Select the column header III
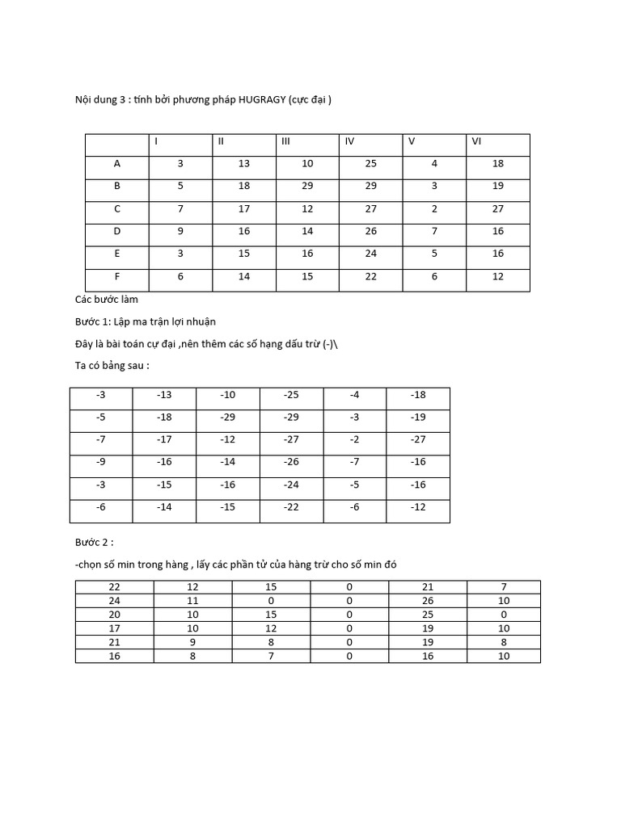pyautogui.click(x=285, y=141)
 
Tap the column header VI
pyautogui.click(x=476, y=141)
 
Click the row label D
pyautogui.click(x=117, y=231)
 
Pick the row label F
pyautogui.click(x=117, y=276)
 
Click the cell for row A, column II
pyautogui.click(x=244, y=164)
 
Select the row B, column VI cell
pyautogui.click(x=498, y=186)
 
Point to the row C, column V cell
pyautogui.click(x=434, y=208)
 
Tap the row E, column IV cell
pyautogui.click(x=371, y=254)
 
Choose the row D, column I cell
pyautogui.click(x=181, y=231)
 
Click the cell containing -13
pyautogui.click(x=164, y=395)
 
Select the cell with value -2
pyautogui.click(x=354, y=440)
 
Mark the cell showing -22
pyautogui.click(x=291, y=508)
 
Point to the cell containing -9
pyautogui.click(x=100, y=463)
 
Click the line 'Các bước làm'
pyautogui.click(x=106, y=299)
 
